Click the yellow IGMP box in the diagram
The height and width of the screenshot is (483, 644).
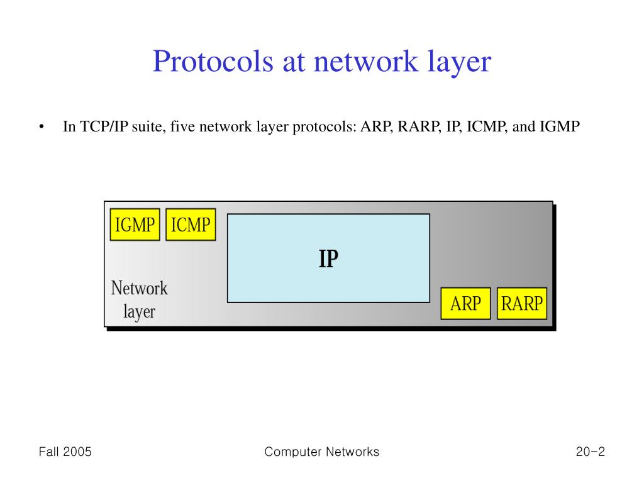[x=135, y=225]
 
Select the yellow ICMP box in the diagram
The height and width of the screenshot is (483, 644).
[x=191, y=225]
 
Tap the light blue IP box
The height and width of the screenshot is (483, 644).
[x=328, y=258]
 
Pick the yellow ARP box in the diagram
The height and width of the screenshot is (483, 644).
[x=465, y=304]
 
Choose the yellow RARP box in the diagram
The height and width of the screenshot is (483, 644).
[x=522, y=304]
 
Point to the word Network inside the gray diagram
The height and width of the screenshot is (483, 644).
[x=140, y=289]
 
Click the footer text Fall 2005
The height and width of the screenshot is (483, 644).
[x=65, y=452]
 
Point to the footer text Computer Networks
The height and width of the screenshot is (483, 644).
[x=322, y=452]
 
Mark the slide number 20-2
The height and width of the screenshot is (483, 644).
[x=589, y=452]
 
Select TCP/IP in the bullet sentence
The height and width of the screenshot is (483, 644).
[x=99, y=127]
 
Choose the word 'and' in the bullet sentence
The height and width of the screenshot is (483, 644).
[x=524, y=127]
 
